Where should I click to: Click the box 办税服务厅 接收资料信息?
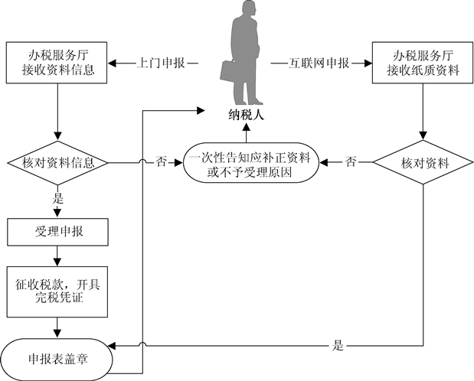pos(57,63)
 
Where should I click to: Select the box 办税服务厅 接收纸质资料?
pos(423,63)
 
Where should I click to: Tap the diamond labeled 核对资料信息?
pos(57,163)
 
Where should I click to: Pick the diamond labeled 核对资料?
pos(423,162)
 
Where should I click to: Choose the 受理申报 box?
pos(57,232)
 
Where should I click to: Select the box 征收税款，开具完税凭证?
pos(57,291)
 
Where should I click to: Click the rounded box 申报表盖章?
pos(57,360)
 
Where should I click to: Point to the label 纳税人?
pos(247,115)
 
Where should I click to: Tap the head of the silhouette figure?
pos(250,10)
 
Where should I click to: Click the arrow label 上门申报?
pos(161,63)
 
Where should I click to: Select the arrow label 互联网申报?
pos(319,63)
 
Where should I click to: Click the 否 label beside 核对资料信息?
pos(161,161)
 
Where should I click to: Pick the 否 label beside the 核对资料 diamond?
pos(351,161)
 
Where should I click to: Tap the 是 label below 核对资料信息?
pos(57,198)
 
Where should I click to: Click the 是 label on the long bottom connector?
pos(338,345)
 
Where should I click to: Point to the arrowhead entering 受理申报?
pos(57,213)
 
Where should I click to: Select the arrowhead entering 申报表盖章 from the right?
pos(112,345)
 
